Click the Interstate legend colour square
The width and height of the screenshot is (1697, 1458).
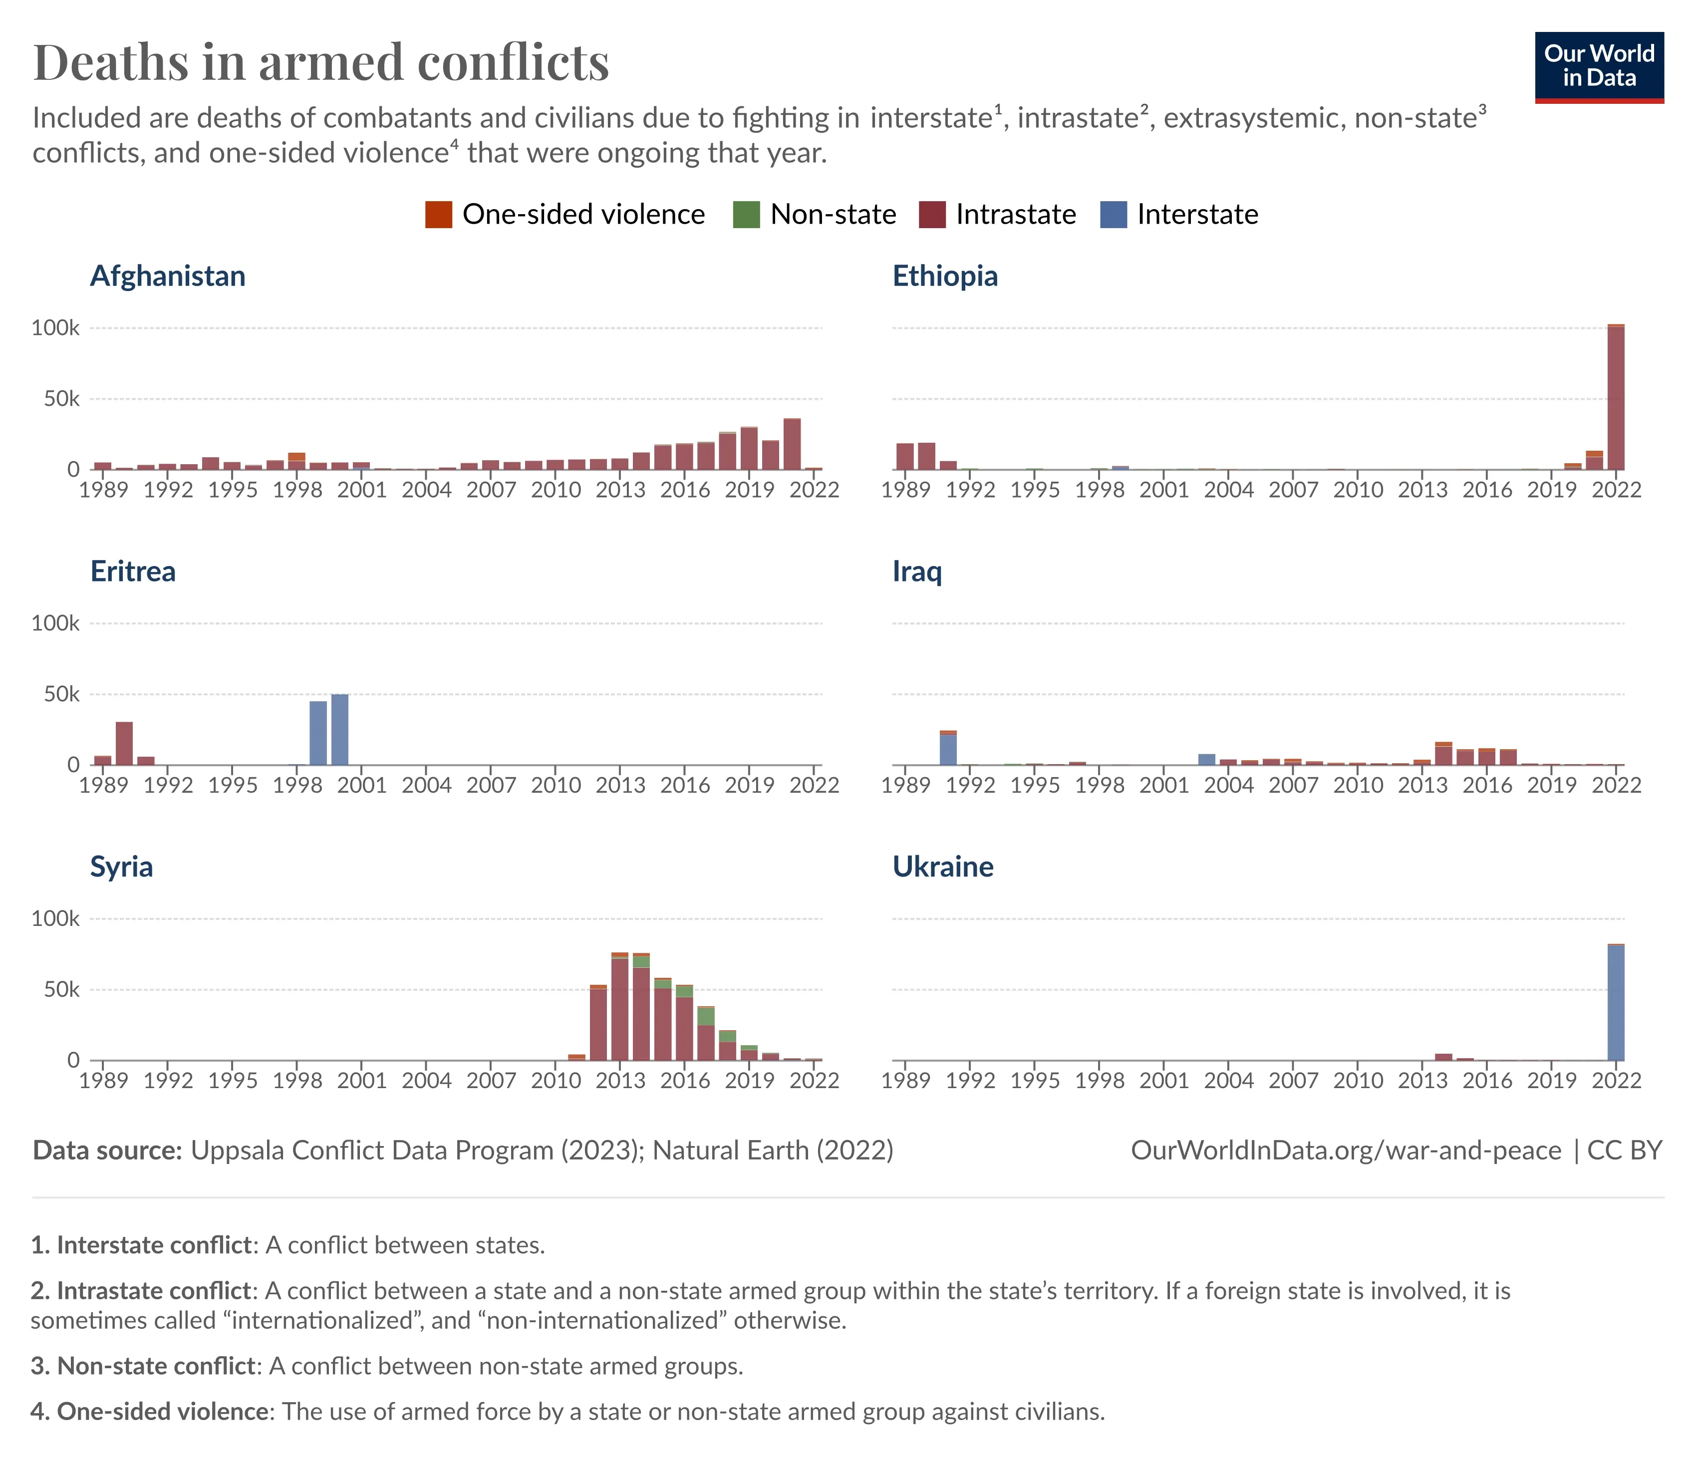point(1113,215)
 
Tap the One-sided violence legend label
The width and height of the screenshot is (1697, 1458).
point(583,215)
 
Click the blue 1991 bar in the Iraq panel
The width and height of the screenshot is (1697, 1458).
point(948,750)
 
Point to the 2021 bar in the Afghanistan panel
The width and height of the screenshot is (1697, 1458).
point(792,444)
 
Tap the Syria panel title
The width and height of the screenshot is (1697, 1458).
point(121,867)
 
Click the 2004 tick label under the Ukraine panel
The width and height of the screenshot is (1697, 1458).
point(1228,1080)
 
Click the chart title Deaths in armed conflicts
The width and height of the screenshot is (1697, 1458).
point(321,62)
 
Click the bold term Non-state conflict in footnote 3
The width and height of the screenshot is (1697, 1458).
point(156,1366)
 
